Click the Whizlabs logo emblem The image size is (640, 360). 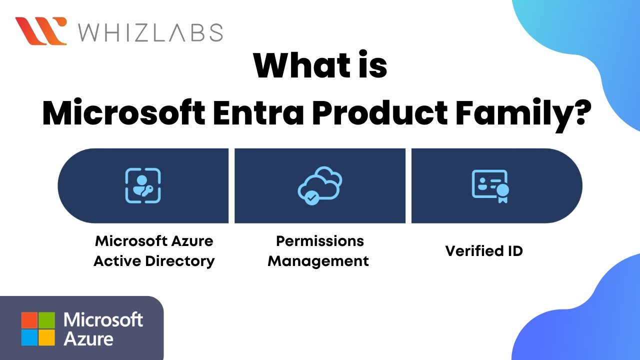click(x=41, y=31)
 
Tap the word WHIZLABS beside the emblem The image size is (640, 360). click(x=150, y=32)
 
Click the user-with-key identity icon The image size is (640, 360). click(x=143, y=185)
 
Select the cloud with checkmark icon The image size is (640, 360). click(x=319, y=186)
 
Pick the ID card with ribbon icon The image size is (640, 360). click(x=490, y=186)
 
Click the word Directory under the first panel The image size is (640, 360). click(x=178, y=261)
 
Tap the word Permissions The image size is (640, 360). click(x=320, y=241)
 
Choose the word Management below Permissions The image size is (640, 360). click(x=318, y=261)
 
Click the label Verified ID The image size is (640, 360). click(x=484, y=250)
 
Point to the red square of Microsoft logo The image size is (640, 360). click(x=29, y=319)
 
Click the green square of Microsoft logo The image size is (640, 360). click(x=46, y=319)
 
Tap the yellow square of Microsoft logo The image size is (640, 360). click(x=46, y=337)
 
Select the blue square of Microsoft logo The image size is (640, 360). click(x=29, y=337)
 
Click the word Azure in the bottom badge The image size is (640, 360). click(x=88, y=338)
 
